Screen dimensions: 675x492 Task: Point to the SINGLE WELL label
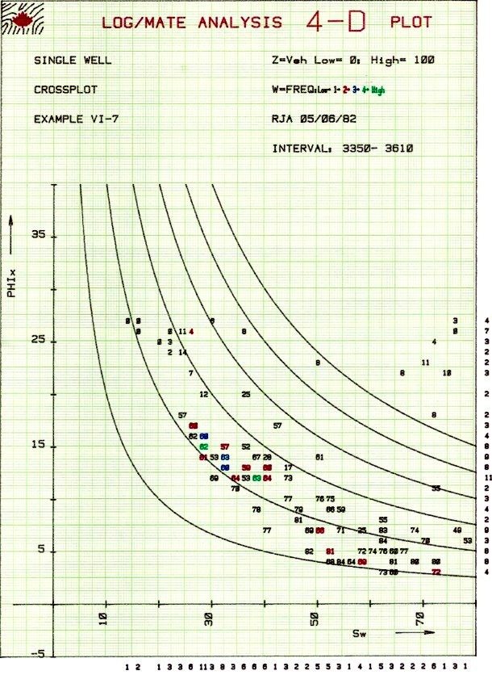(x=73, y=60)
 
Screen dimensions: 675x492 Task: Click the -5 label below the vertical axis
(x=38, y=652)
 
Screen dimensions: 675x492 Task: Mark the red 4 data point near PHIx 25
(x=191, y=332)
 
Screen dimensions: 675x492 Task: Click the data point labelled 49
(x=457, y=530)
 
